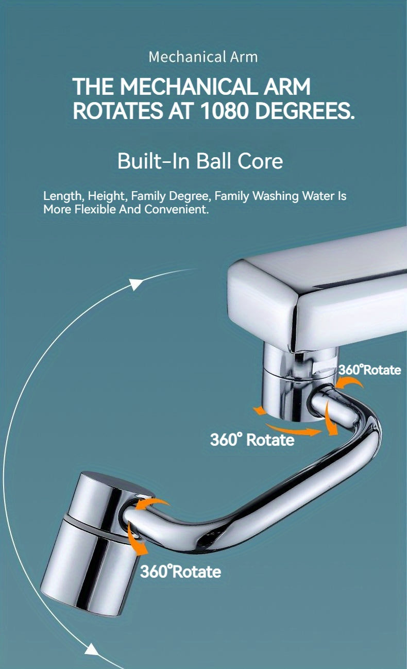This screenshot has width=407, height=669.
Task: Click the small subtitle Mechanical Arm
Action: pyautogui.click(x=203, y=57)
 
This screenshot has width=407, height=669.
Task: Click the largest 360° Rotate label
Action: pyautogui.click(x=252, y=440)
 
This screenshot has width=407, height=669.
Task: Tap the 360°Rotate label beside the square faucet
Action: pyautogui.click(x=369, y=370)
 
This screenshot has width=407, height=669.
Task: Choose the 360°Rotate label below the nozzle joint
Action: pyautogui.click(x=180, y=571)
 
